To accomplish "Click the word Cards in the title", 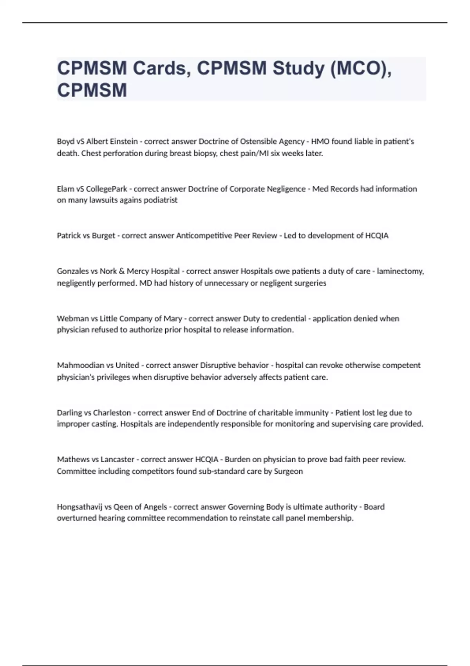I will [x=161, y=69].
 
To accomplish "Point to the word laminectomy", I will [x=400, y=271].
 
